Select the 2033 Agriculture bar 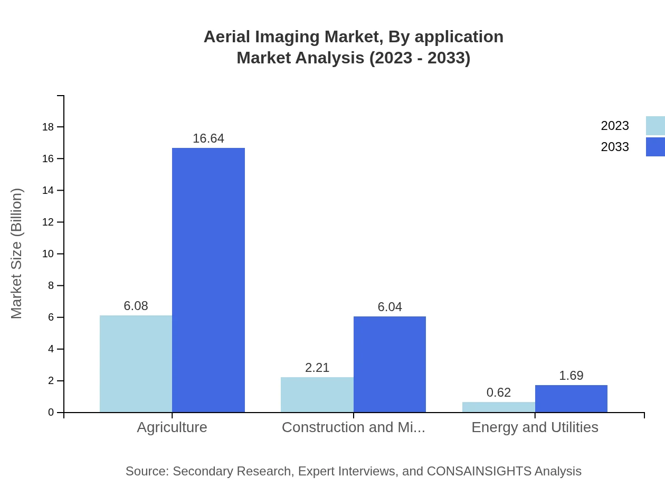tap(208, 280)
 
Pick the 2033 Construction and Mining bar tap(389, 364)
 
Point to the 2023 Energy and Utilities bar tap(498, 407)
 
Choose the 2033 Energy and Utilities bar tap(571, 398)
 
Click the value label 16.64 tap(208, 138)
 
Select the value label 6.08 tap(136, 306)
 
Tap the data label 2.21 tap(317, 368)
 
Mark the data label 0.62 tap(499, 392)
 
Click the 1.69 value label tap(571, 376)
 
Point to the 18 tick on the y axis tap(48, 127)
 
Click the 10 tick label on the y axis tap(48, 254)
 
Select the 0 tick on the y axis tap(51, 412)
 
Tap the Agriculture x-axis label tap(172, 427)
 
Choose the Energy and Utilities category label tap(535, 427)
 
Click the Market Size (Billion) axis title tap(16, 254)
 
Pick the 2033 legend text tap(615, 147)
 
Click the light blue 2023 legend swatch tap(655, 126)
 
